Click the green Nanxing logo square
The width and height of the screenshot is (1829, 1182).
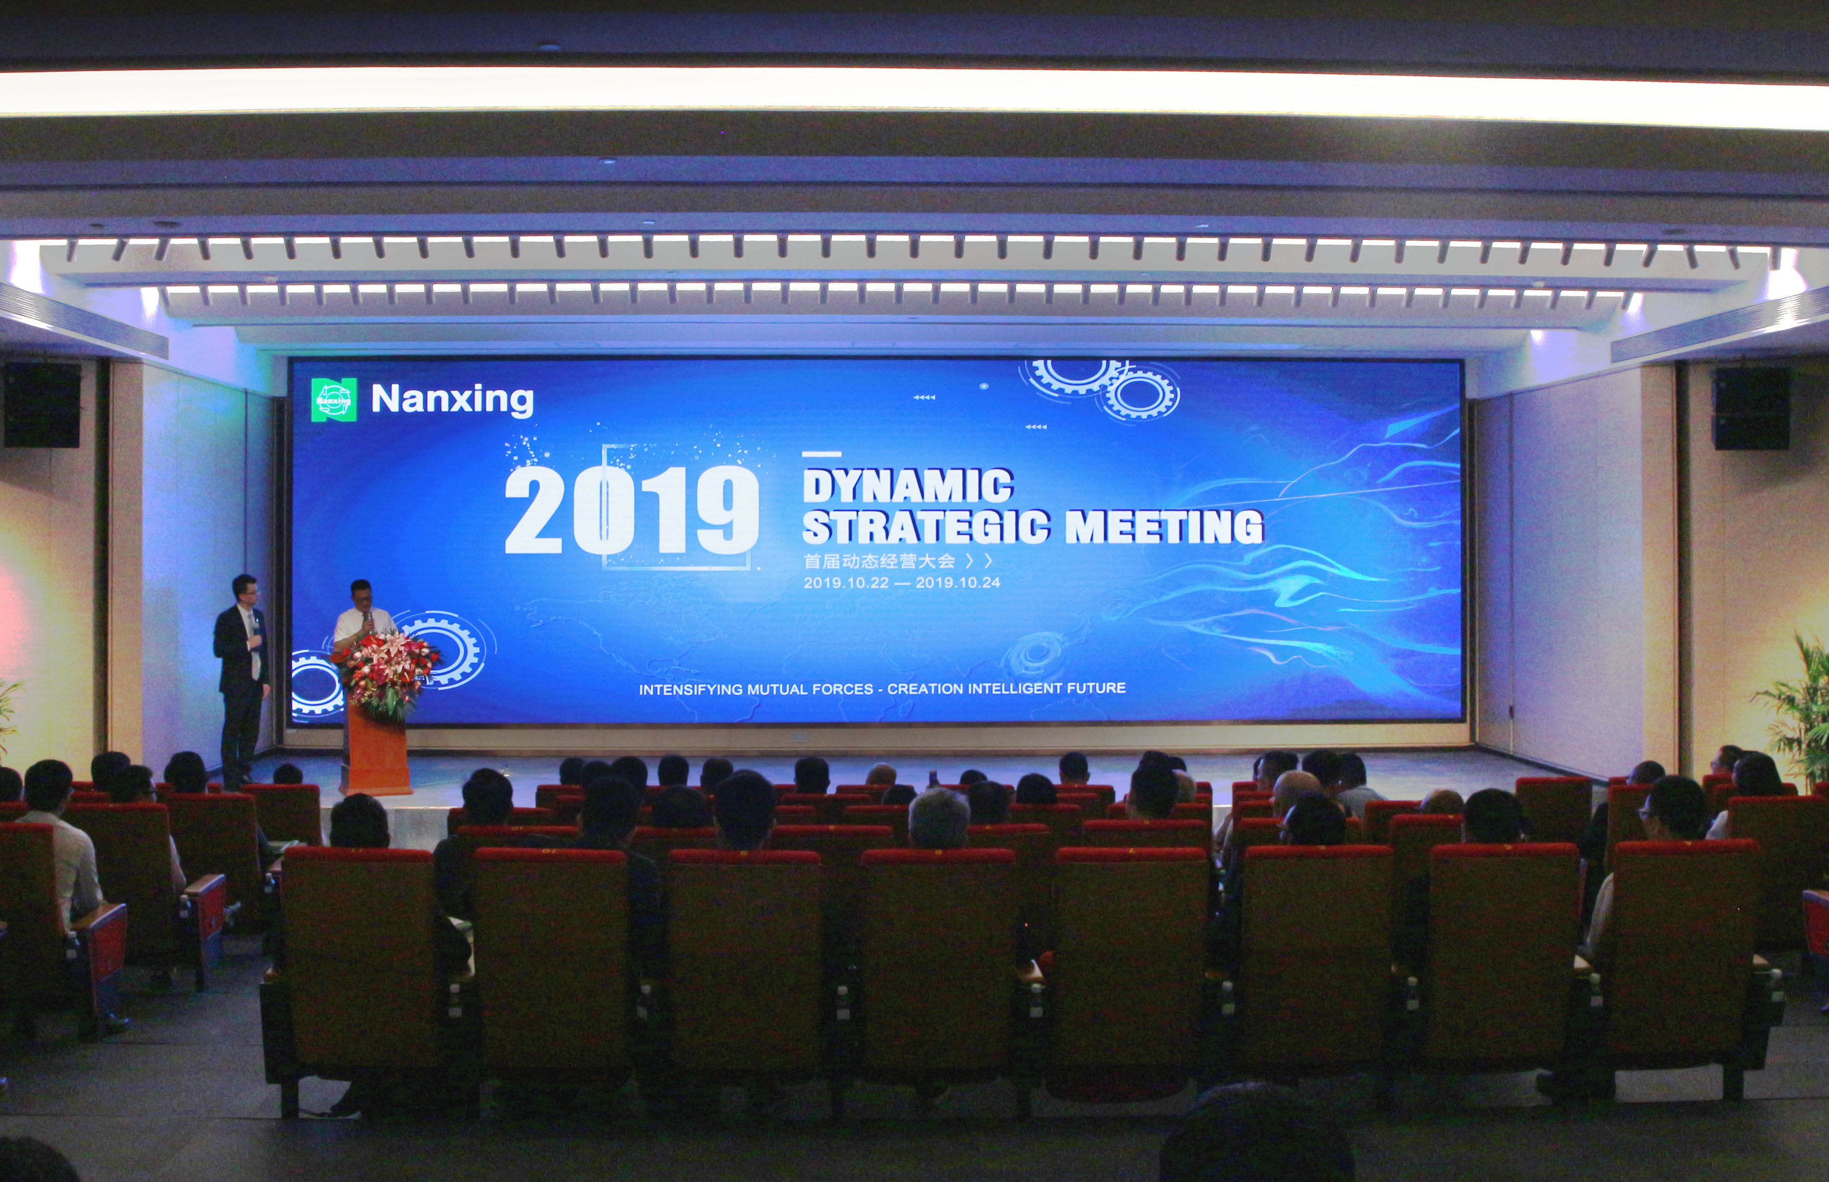[334, 399]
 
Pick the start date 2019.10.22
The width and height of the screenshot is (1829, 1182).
[846, 583]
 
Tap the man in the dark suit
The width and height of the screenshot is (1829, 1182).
[242, 679]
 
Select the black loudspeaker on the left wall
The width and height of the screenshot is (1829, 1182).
[42, 405]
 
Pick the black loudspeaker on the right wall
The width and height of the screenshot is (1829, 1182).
[1752, 408]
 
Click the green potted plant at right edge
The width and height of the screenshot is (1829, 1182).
[1795, 710]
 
